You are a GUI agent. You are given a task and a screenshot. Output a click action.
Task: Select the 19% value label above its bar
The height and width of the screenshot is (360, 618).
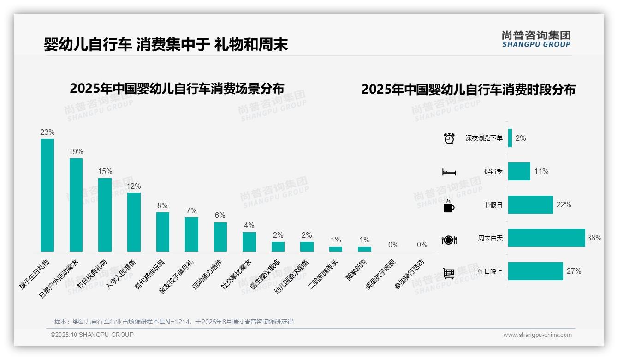click(x=76, y=151)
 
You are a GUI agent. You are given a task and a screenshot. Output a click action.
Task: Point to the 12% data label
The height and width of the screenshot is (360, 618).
click(x=134, y=186)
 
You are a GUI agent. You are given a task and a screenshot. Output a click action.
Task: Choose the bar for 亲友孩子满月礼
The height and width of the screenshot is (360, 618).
click(x=191, y=234)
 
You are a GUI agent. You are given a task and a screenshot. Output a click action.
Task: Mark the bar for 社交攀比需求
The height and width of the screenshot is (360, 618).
click(x=249, y=242)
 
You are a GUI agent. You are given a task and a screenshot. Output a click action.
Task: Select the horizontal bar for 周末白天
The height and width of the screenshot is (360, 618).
click(x=547, y=238)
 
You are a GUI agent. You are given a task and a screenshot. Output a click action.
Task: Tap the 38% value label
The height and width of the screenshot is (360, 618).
click(x=594, y=238)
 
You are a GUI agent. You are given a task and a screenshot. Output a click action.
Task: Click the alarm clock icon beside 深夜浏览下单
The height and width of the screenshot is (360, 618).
click(x=449, y=138)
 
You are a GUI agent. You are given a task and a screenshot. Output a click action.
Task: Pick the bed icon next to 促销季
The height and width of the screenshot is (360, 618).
click(x=449, y=172)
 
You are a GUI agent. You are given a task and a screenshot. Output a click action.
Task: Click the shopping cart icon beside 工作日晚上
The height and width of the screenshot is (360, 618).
click(x=449, y=273)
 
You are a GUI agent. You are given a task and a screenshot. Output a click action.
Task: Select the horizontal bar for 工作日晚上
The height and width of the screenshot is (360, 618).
click(x=535, y=271)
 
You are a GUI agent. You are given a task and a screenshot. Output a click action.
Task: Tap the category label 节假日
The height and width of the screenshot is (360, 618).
click(x=493, y=205)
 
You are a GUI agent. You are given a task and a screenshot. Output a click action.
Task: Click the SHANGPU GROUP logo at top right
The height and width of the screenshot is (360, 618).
click(x=536, y=39)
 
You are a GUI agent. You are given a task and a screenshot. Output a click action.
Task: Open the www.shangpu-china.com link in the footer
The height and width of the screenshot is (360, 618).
click(x=537, y=335)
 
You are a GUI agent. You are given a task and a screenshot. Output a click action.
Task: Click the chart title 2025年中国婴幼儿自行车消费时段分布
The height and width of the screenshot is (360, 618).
click(x=468, y=90)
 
